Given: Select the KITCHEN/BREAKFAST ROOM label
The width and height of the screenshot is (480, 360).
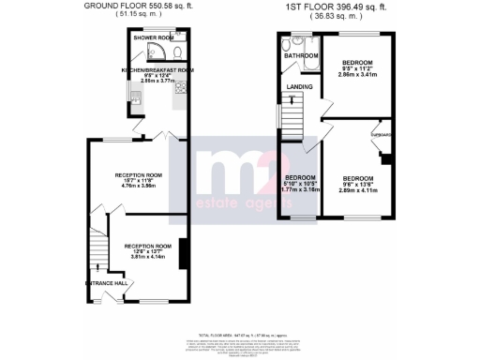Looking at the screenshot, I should coord(157,70).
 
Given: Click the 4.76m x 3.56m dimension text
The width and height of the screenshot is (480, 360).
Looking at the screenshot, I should coord(138,187).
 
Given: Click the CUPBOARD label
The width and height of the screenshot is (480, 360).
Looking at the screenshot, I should coord(381,134).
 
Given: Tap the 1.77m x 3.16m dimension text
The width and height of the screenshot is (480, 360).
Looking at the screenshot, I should coord(300,189).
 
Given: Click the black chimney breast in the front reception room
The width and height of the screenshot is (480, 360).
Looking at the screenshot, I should coord(181,252).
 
